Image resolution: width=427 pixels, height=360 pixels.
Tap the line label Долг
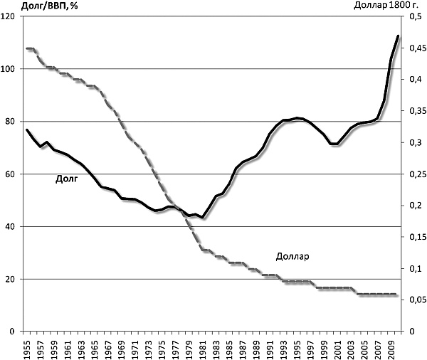66,179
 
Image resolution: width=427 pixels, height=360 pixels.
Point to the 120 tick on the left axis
9,16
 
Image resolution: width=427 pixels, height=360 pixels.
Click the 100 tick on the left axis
9,69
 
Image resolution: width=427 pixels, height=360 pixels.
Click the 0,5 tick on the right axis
413,16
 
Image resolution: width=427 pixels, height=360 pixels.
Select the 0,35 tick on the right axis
416,111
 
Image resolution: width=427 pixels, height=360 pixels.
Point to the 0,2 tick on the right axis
413,206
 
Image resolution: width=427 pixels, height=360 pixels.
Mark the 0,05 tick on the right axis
416,300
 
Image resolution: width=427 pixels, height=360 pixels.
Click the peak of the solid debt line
398,36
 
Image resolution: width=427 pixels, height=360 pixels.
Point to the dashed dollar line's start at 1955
27,48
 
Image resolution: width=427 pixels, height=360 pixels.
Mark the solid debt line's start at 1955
27,129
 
